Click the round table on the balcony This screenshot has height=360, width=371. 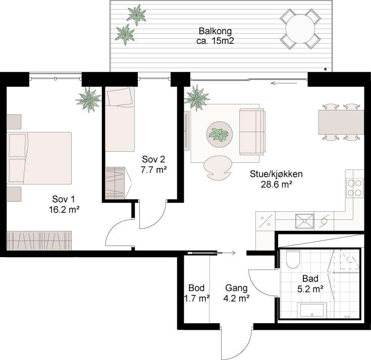pos(301,29)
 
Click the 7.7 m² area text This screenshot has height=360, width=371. pos(154,170)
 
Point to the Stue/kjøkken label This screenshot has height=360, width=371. pos(276,174)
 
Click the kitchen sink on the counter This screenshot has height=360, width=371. pos(304,220)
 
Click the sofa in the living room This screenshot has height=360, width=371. pos(252,132)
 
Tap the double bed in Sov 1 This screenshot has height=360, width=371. pos(39,158)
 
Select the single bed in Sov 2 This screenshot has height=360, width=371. pos(120,118)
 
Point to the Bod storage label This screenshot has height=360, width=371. pos(196,288)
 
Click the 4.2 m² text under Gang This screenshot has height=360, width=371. pos(237,298)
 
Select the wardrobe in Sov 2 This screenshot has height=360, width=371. pos(115,183)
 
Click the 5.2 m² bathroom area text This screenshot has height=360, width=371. pos(310,289)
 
